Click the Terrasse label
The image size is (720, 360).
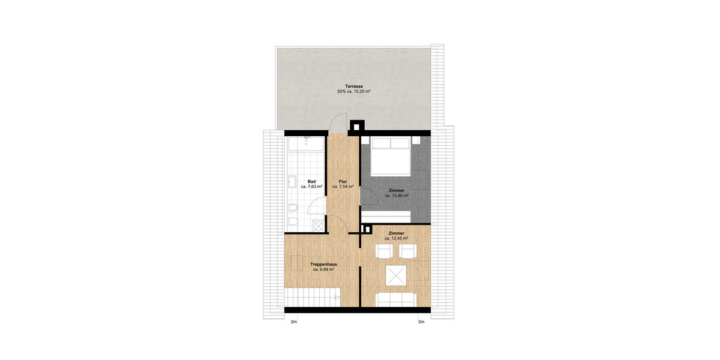pos(353,86)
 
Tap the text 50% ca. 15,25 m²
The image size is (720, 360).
pos(353,92)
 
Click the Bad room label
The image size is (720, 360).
pos(311,181)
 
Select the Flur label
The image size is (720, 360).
pos(343,181)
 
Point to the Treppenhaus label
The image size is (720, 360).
pos(323,265)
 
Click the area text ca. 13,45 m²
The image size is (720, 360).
pos(396,196)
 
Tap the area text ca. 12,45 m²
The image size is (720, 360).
pos(396,238)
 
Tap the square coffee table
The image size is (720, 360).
pos(395,276)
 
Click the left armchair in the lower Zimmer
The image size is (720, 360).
pos(383,251)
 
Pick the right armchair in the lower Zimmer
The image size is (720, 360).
pos(409,251)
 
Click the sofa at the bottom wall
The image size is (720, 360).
pos(395,298)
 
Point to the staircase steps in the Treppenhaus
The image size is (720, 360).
pos(312,297)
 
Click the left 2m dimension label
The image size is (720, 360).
pos(294,322)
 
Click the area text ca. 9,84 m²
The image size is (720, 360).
pos(323,270)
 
